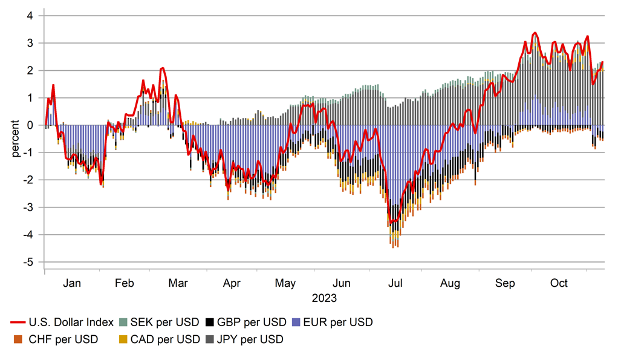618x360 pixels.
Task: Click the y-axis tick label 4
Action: coord(28,16)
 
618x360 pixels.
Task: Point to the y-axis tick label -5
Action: coord(27,262)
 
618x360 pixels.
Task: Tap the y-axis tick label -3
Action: coord(27,208)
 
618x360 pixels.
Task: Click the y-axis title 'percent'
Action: coord(15,139)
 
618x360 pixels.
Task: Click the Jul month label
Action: coord(396,283)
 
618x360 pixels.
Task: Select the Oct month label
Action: coord(559,283)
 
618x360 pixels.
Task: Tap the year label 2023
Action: coord(324,298)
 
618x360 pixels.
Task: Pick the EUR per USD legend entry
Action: coord(338,322)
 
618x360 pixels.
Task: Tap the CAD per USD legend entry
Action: coord(159,339)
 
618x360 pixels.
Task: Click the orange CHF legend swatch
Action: coord(18,339)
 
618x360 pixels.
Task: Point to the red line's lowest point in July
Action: coord(391,223)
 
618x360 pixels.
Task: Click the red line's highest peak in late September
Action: coord(535,33)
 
